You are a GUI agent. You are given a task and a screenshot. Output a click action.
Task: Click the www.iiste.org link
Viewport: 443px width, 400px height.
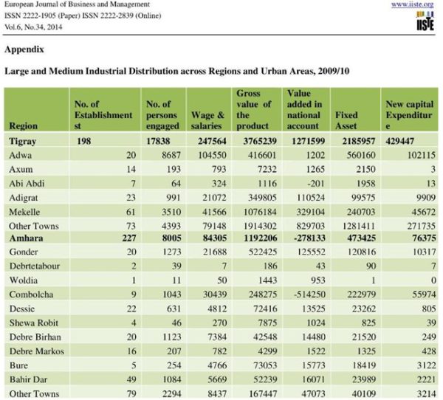pyautogui.click(x=412, y=5)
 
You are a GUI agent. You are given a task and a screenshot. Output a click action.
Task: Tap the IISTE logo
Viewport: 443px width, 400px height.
pyautogui.click(x=425, y=21)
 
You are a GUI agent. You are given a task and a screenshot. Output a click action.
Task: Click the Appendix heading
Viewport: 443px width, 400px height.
pyautogui.click(x=24, y=49)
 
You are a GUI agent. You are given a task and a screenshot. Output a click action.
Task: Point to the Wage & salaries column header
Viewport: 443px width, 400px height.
pyautogui.click(x=207, y=120)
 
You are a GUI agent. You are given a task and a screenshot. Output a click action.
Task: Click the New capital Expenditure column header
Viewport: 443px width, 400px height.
pyautogui.click(x=409, y=115)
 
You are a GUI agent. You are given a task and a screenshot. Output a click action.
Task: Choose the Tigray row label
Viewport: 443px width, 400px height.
pyautogui.click(x=23, y=141)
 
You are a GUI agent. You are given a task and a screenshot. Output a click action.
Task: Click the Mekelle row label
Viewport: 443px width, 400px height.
pyautogui.click(x=24, y=212)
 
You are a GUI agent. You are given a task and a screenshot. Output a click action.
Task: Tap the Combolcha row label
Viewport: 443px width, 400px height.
pyautogui.click(x=31, y=294)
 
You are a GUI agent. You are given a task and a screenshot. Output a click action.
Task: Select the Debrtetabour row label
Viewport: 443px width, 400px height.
pyautogui.click(x=35, y=266)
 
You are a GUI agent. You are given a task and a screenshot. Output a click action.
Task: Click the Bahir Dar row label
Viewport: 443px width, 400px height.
pyautogui.click(x=28, y=379)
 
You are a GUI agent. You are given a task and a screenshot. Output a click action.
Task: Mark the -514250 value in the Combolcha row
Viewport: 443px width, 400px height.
pyautogui.click(x=309, y=294)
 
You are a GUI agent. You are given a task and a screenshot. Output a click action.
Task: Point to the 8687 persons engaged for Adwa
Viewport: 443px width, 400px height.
pyautogui.click(x=171, y=155)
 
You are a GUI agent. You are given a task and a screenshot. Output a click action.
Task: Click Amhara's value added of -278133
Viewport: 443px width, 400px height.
pyautogui.click(x=309, y=238)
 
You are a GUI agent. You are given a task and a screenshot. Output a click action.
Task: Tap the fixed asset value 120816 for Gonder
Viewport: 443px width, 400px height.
pyautogui.click(x=362, y=252)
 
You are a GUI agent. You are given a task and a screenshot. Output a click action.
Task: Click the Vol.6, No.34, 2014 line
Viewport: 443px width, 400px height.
pyautogui.click(x=33, y=27)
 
